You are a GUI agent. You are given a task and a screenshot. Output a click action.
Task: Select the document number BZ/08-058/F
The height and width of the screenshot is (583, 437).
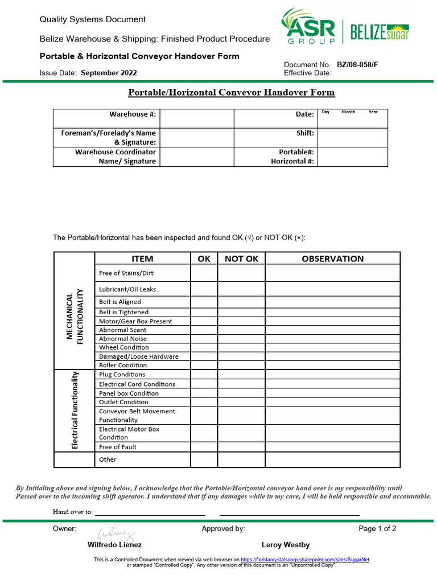(x=357, y=65)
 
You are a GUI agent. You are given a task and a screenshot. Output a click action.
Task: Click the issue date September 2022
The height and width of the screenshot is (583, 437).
(x=109, y=73)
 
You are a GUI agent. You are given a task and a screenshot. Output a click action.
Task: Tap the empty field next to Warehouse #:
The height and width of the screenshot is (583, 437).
(x=196, y=118)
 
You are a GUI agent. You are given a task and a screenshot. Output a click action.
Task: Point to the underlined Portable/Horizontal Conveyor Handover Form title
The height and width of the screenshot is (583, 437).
(x=231, y=92)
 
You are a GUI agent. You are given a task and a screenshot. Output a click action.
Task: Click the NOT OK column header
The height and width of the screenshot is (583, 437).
(x=241, y=258)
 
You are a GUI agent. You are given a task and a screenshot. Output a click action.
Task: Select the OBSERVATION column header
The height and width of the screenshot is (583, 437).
(x=333, y=258)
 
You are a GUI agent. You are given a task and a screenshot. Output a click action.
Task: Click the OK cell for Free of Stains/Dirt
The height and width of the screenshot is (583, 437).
(x=204, y=273)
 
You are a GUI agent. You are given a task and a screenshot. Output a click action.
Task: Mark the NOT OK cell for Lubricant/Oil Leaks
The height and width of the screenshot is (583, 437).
(x=241, y=289)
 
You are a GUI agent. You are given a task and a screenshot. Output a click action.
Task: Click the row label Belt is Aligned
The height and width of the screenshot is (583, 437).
(x=120, y=302)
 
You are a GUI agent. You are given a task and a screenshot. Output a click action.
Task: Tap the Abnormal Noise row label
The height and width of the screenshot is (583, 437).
(x=123, y=339)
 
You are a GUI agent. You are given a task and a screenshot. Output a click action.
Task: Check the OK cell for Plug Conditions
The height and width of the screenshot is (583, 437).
(x=204, y=375)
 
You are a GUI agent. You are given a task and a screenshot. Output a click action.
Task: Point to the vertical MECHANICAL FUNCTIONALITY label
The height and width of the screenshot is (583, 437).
(x=75, y=317)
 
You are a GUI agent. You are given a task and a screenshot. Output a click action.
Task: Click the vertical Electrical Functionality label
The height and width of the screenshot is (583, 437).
(x=75, y=410)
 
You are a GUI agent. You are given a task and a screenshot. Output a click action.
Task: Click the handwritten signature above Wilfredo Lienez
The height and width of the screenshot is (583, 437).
(x=117, y=532)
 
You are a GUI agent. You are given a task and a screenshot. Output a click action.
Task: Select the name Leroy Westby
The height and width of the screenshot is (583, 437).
(x=286, y=545)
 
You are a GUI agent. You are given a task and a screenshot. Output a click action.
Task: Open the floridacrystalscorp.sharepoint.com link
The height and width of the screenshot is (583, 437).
(x=305, y=560)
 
